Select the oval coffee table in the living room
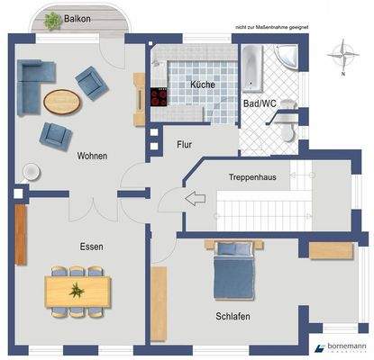tap(61, 102)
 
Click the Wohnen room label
tap(93, 156)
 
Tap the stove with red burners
tap(160, 96)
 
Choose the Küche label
tap(202, 85)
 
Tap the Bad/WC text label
tap(260, 104)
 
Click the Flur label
tap(184, 142)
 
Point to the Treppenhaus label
tap(253, 177)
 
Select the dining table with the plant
tap(78, 290)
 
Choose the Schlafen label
tap(233, 316)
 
